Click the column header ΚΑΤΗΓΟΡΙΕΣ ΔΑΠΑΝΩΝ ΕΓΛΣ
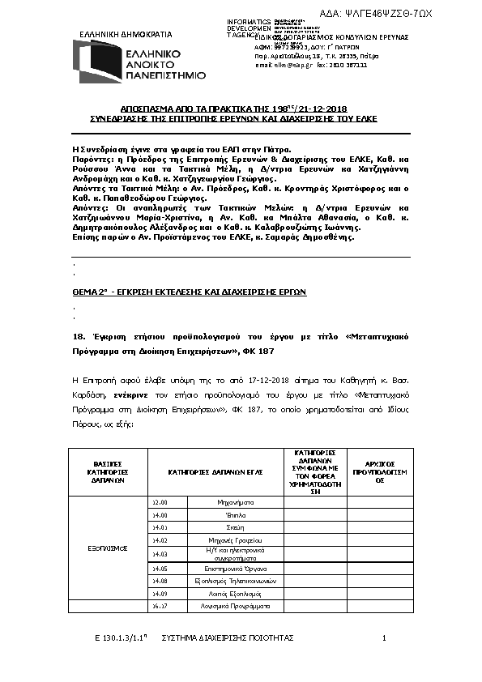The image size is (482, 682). [215, 471]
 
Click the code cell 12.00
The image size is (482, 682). [160, 503]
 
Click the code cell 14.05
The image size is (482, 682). [160, 569]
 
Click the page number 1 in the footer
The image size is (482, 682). [385, 638]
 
